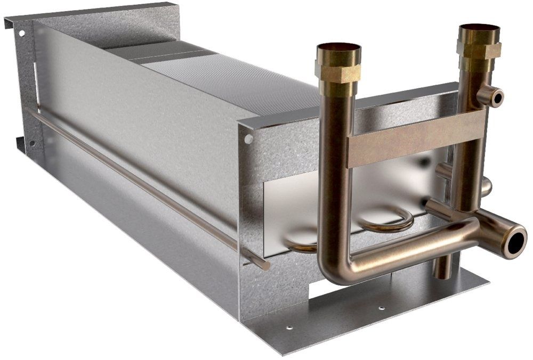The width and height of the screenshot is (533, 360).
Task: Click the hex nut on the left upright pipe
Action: coord(338,72)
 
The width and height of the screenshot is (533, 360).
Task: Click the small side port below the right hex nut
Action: coord(491,96)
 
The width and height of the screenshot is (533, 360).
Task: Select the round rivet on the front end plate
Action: coord(248,139)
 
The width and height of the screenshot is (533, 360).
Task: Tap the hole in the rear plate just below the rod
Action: coord(31,143)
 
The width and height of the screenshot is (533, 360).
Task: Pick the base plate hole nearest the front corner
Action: coord(289,328)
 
